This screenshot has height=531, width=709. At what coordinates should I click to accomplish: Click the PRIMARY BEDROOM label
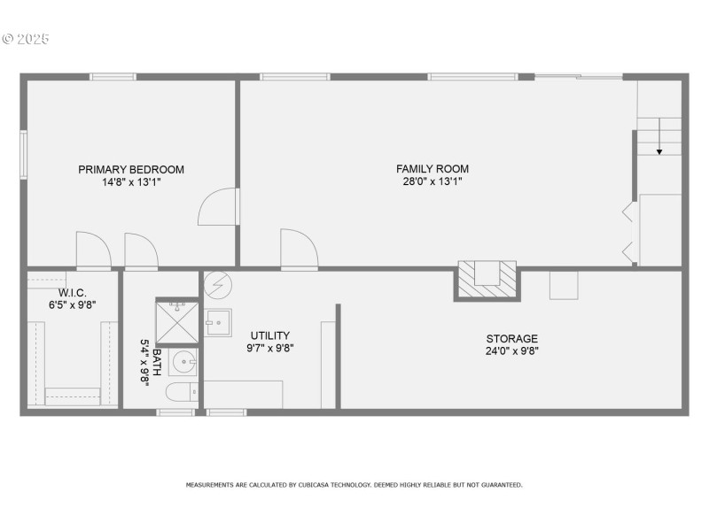coord(131,170)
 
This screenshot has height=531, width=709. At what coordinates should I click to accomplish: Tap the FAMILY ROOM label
coord(432,169)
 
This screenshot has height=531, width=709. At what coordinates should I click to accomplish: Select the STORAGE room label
coord(512,339)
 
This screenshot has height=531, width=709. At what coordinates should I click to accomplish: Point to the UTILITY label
coord(270,335)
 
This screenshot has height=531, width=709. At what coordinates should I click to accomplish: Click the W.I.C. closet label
coord(73,293)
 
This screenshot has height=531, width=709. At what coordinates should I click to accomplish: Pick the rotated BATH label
coord(157,362)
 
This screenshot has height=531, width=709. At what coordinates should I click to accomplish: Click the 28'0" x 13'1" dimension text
coord(432,181)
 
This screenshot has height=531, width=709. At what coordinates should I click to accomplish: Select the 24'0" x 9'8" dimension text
coord(512,350)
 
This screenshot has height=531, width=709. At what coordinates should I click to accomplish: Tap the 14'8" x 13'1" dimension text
coord(131,182)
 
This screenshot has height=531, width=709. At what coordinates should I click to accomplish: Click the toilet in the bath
coord(182,391)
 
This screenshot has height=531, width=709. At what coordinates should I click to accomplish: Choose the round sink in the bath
coord(183,362)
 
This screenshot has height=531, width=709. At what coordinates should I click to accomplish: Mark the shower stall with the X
coord(176,322)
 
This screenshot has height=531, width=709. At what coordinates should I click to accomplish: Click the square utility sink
coord(218,322)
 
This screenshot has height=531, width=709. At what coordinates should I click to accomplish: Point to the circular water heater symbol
coord(218,285)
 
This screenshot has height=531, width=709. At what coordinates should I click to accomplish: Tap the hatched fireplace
coord(487,281)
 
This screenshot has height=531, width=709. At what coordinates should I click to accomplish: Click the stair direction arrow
coord(659,136)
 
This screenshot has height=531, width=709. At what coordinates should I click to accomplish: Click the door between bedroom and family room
coord(218,206)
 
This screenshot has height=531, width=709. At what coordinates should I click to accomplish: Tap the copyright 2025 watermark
coord(26,39)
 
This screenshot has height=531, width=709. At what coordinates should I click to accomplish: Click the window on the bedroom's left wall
coord(23,155)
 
